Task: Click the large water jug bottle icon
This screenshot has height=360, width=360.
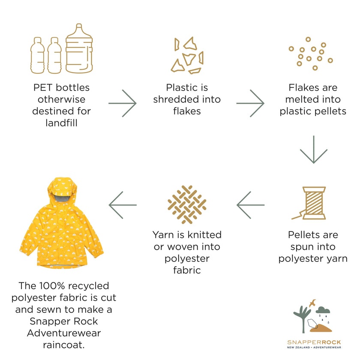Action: (79, 48)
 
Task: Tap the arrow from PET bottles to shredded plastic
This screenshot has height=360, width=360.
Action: (123, 103)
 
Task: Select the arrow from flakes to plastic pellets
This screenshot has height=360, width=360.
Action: (250, 103)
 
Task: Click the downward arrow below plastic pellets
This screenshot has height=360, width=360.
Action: (314, 150)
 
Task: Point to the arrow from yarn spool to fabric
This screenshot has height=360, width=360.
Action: (250, 205)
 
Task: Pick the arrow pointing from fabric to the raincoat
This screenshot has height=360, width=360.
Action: (123, 205)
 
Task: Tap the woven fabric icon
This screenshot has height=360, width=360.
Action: (187, 204)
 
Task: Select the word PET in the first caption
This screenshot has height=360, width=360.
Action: (43, 87)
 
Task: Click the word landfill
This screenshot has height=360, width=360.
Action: (61, 123)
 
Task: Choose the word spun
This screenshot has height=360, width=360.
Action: (301, 247)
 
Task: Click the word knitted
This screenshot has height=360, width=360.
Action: (204, 235)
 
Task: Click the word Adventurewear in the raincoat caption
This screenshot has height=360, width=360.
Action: (64, 333)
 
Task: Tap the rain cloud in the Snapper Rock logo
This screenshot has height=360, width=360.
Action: (323, 310)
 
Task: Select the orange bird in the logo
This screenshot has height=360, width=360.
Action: (312, 303)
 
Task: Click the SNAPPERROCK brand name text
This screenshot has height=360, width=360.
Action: (314, 342)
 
